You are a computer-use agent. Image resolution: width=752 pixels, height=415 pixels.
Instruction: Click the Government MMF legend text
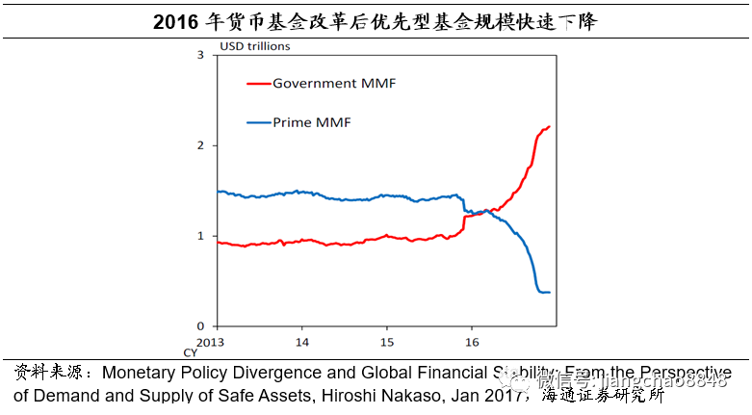(334, 84)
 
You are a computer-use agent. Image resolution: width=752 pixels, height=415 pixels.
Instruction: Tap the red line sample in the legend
(258, 84)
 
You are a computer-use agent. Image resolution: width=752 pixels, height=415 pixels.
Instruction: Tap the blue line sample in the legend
(258, 122)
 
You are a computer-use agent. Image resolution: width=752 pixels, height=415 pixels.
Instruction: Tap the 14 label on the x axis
(301, 343)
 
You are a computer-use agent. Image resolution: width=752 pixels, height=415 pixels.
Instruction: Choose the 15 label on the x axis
(386, 343)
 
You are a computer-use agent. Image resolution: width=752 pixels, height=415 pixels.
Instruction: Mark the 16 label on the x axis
(471, 343)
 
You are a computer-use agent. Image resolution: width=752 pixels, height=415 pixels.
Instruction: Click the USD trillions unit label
(255, 45)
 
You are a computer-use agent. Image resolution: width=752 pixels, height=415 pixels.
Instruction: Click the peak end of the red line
(549, 126)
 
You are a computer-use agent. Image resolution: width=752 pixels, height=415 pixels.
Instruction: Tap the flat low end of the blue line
(545, 292)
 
